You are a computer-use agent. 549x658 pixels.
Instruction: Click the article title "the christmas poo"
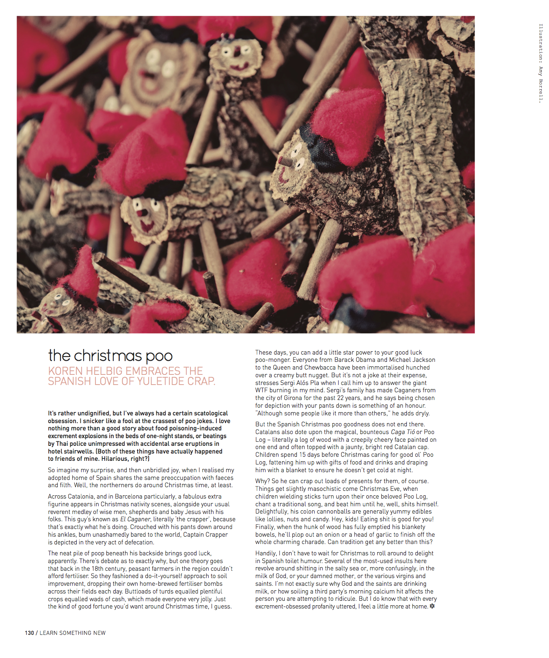110,356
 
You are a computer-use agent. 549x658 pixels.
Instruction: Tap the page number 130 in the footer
29,633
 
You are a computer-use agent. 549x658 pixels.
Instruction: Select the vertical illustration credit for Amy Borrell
540,63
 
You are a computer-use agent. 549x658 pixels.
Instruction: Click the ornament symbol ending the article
432,606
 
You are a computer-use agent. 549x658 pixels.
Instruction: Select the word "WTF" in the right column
262,390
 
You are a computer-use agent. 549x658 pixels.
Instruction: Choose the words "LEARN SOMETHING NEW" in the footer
73,633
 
